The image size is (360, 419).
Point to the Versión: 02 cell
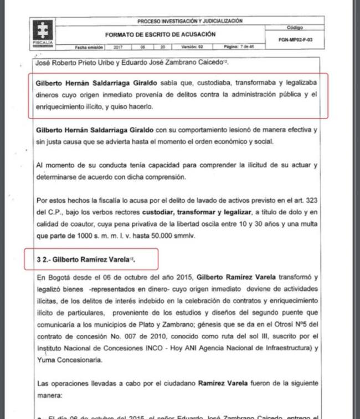pos(192,47)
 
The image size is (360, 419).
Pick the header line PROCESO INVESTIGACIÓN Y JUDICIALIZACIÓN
pos(190,22)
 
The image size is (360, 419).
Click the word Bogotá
pos(60,277)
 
